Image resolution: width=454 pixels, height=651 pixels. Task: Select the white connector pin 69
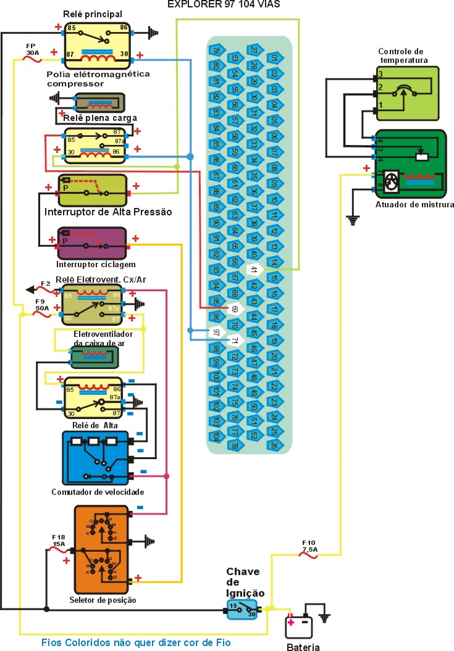(x=235, y=309)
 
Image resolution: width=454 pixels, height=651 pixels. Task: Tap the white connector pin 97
(x=216, y=332)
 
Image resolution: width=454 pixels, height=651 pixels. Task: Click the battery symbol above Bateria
(x=299, y=626)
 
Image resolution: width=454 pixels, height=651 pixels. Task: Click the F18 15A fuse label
(x=59, y=541)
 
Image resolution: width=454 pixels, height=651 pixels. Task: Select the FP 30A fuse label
(x=33, y=49)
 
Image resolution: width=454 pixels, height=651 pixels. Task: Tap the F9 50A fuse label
(x=41, y=304)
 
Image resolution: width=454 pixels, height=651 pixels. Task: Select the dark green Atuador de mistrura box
(x=410, y=164)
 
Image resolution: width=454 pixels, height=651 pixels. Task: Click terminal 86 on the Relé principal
(x=124, y=28)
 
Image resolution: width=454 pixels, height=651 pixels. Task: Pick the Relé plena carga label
(x=100, y=117)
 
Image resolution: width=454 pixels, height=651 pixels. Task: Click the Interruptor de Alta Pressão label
(x=108, y=212)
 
